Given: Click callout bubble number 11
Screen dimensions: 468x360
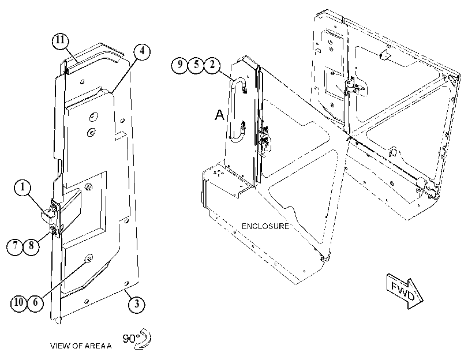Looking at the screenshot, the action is point(60,40).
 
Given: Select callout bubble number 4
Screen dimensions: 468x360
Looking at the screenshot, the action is point(142,51).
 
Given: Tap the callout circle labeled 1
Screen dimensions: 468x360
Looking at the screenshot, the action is point(23,187).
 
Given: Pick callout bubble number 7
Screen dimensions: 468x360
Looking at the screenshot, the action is point(15,246).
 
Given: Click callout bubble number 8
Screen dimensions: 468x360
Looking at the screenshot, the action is point(31,246).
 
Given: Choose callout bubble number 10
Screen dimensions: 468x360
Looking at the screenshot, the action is point(19,302).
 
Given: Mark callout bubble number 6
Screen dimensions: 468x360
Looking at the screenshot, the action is point(35,302).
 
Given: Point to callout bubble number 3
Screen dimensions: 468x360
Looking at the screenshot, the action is point(137,304).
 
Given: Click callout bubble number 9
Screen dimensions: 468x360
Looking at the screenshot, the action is point(179,65).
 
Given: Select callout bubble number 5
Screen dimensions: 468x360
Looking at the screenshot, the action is point(196,65).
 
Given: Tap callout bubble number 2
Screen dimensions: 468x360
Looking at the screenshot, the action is point(212,65).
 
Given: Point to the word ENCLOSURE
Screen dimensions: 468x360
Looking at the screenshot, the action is point(265,226).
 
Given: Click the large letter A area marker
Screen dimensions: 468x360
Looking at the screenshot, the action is point(219,115).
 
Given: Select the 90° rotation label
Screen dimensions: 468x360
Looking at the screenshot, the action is point(131,339).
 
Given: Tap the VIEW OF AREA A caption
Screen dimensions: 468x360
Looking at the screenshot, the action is point(81,346).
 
